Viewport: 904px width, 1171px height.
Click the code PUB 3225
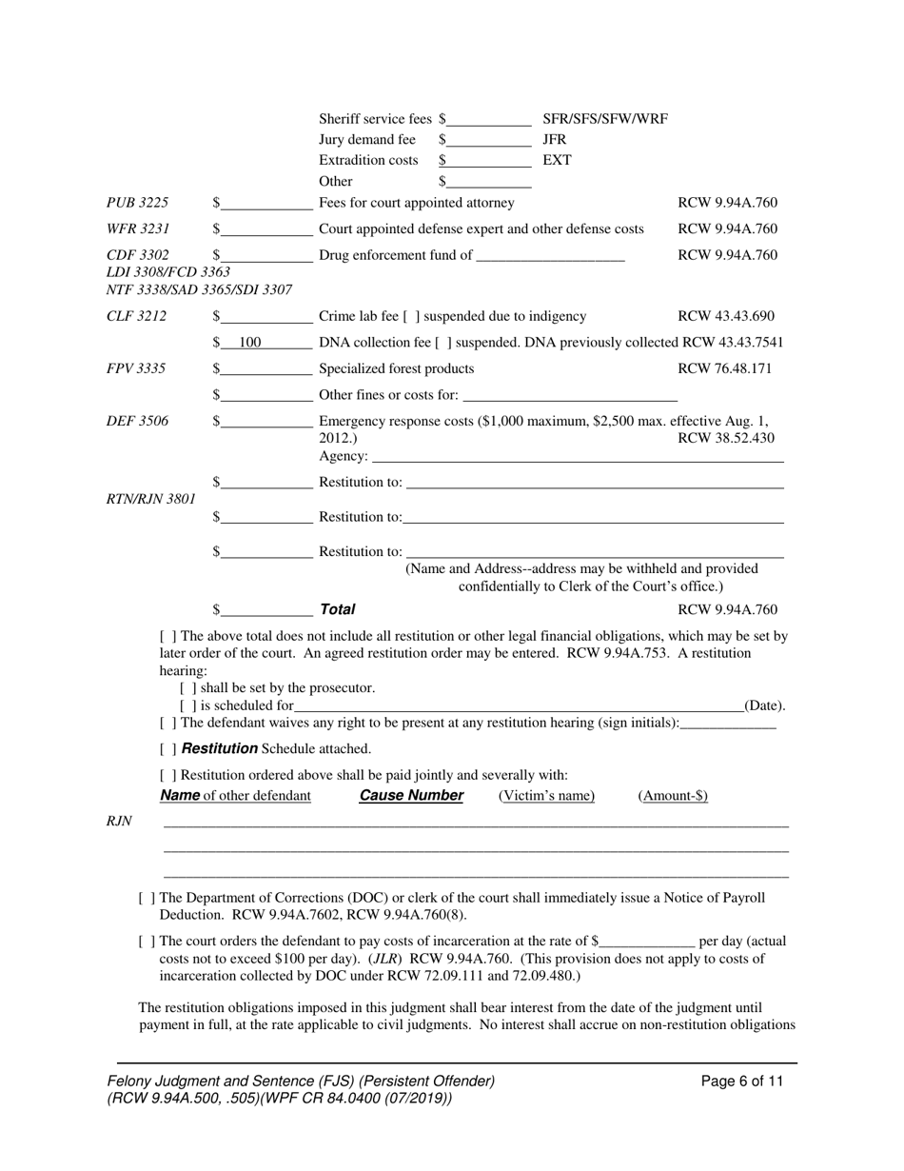[137, 203]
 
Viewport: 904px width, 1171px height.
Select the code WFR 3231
[137, 229]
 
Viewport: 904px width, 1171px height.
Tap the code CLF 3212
[136, 316]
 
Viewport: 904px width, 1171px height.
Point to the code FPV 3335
[136, 369]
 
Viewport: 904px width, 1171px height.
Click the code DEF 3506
[137, 422]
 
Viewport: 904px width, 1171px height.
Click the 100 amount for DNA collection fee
[249, 343]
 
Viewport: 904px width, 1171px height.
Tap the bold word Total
[337, 609]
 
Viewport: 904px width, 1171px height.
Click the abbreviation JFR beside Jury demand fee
[554, 140]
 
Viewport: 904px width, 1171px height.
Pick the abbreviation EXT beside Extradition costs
[557, 160]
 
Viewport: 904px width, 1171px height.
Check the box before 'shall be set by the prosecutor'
[187, 687]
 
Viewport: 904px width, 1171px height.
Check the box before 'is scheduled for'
[187, 705]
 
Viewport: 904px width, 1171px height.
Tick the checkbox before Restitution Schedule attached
[167, 749]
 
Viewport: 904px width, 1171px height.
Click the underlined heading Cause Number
[411, 796]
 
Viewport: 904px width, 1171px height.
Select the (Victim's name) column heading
[546, 796]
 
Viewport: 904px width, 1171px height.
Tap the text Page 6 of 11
[741, 1082]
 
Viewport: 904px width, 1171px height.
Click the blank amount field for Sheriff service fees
[488, 120]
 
